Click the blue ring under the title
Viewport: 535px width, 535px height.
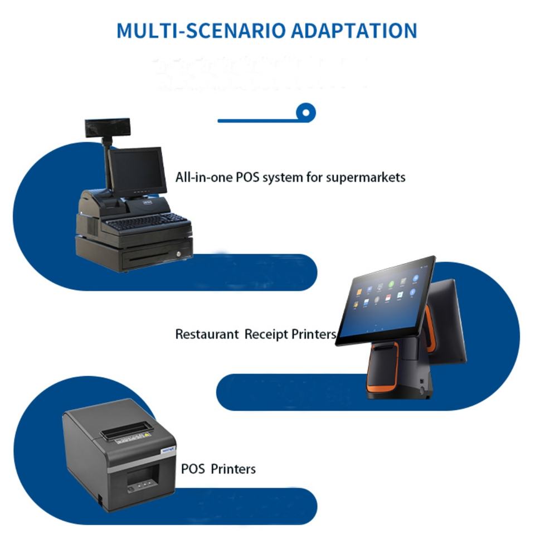306,113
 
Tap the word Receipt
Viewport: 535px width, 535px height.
267,334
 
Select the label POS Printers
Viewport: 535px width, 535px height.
218,469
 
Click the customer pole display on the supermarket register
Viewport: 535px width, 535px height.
108,128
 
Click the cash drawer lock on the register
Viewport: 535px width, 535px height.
178,254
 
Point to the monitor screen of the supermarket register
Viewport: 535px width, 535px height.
137,171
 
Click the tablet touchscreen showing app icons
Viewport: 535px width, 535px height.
386,301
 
